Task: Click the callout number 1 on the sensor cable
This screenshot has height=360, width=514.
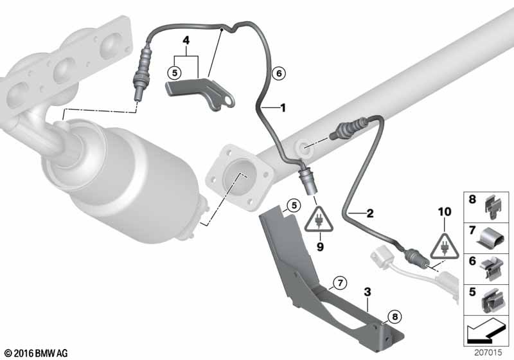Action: (x=283, y=107)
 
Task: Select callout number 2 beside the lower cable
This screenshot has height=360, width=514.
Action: (x=370, y=213)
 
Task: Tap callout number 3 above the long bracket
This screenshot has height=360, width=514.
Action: (x=368, y=292)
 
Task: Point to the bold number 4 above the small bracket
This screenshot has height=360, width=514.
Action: (x=186, y=40)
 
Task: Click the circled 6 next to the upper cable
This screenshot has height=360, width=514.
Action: (x=279, y=73)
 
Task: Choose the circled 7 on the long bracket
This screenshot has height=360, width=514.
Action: (x=340, y=282)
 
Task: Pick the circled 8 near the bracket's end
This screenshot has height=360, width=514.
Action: (x=394, y=316)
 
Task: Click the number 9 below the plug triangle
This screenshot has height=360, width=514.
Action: (x=320, y=247)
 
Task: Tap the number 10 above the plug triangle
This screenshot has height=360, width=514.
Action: (x=445, y=212)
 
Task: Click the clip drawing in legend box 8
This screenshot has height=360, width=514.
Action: (x=493, y=207)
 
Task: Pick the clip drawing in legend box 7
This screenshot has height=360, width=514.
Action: (x=492, y=239)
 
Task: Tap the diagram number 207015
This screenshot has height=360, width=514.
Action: (x=488, y=352)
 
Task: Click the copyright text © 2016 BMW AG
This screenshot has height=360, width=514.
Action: (x=37, y=353)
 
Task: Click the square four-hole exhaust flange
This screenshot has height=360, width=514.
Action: (x=239, y=177)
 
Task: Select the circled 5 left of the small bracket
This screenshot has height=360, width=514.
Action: (x=174, y=73)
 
